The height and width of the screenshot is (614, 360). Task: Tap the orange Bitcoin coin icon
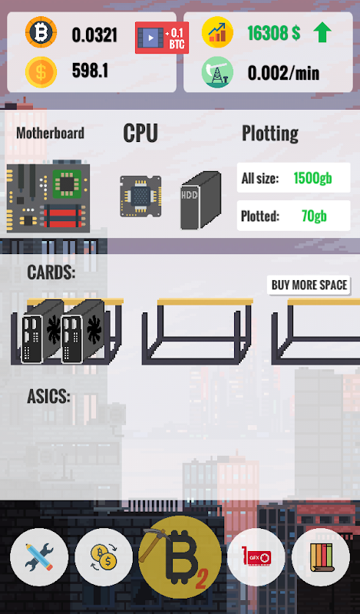pos(41,32)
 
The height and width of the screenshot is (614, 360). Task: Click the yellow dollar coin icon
pos(41,72)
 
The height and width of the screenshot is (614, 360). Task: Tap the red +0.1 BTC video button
pos(162,38)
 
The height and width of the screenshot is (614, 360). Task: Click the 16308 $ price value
pos(274,33)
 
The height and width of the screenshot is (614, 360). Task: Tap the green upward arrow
pos(322,32)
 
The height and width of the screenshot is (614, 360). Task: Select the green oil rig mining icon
pos(217,72)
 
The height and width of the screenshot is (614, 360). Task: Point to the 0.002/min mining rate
pos(283,73)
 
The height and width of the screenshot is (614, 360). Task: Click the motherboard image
pos(48,196)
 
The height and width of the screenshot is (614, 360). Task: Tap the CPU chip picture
pos(140,196)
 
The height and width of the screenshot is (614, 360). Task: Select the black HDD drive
pos(200,200)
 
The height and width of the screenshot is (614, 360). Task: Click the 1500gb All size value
pos(312,178)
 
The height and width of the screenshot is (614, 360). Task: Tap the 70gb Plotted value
pos(314,216)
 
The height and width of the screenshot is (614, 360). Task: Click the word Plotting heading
pos(270,134)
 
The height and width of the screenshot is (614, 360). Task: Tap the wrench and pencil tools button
pos(39,557)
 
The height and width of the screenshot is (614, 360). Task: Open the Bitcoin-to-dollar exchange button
pos(104,557)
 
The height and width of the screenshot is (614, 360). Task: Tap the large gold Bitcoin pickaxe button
pos(180,557)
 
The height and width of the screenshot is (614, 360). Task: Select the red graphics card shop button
pos(256,557)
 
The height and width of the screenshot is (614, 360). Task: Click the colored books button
pos(321,557)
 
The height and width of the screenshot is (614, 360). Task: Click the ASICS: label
pos(48,397)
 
